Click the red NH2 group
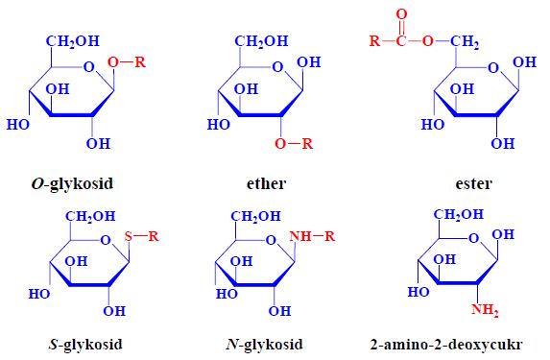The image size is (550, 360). click(x=486, y=309)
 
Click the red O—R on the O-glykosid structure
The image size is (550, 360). click(x=128, y=62)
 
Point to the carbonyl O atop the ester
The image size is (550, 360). click(x=400, y=14)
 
